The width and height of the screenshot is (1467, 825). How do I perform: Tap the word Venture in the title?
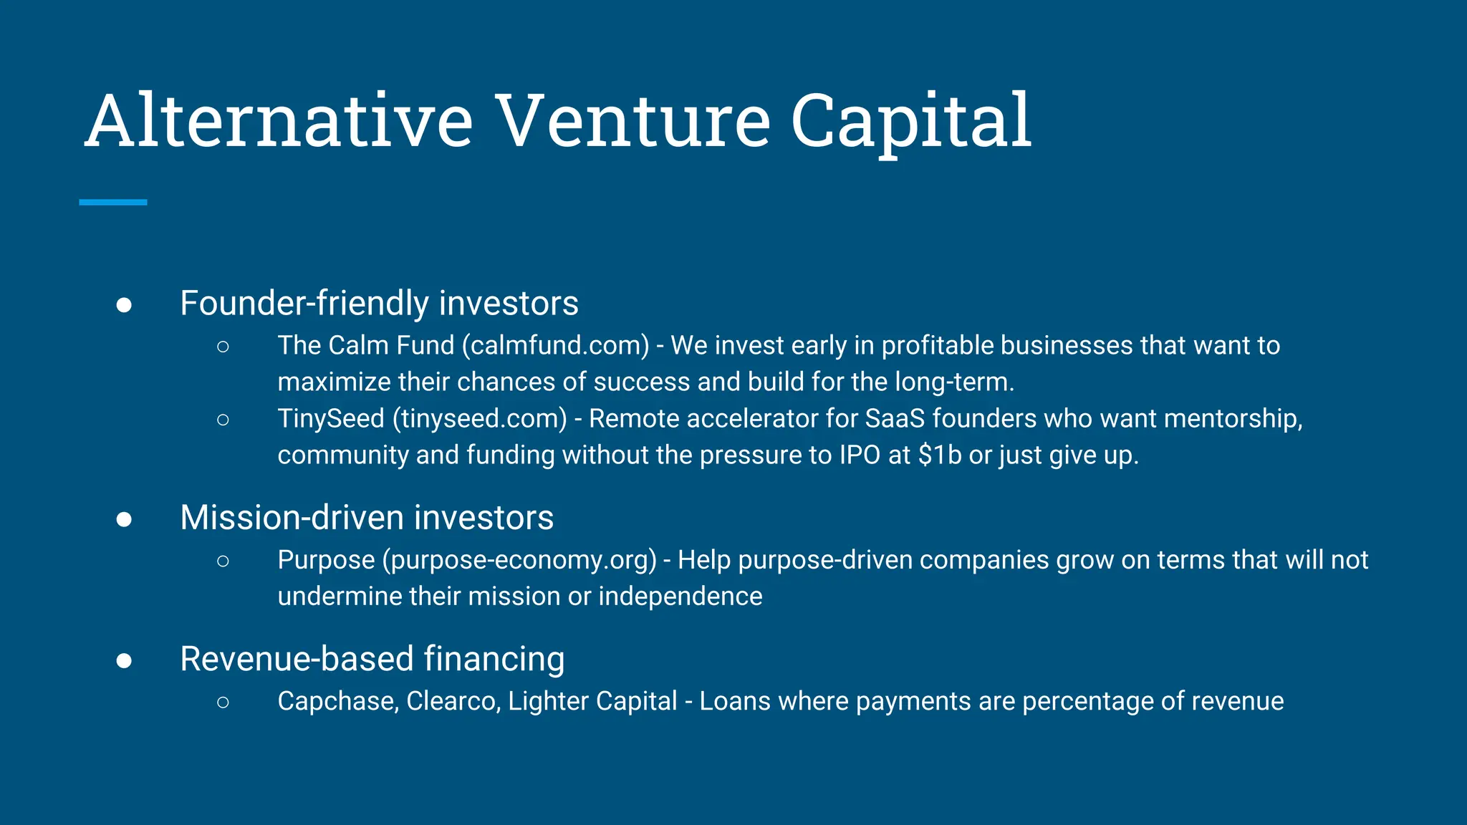[x=633, y=122]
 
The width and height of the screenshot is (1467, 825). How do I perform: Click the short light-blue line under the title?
[x=113, y=203]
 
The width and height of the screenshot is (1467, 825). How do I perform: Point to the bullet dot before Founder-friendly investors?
[x=124, y=305]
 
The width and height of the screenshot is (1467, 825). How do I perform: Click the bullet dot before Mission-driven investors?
[x=124, y=519]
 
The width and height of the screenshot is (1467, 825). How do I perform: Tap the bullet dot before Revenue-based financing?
[x=124, y=660]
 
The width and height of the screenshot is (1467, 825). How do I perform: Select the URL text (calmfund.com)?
[x=556, y=346]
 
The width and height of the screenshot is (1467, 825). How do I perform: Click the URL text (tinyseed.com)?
[x=480, y=419]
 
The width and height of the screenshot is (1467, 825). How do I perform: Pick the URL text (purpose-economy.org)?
[x=519, y=560]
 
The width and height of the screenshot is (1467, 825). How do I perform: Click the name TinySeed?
[x=331, y=419]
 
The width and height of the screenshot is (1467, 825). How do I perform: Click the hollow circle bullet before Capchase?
[x=223, y=703]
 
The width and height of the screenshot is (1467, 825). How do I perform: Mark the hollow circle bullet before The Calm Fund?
[x=223, y=347]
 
